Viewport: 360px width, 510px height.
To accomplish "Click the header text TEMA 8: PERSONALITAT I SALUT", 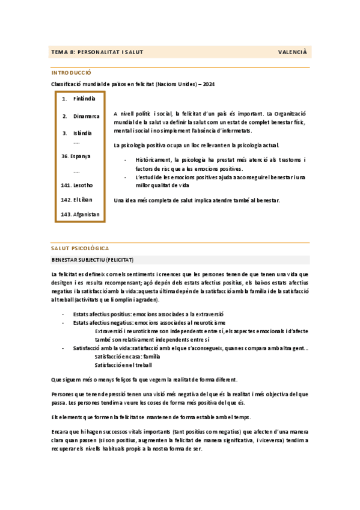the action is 97,52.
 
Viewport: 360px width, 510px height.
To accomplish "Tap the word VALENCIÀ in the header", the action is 293,52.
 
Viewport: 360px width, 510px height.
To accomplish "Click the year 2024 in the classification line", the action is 209,84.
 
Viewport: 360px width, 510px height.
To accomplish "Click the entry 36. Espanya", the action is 76,156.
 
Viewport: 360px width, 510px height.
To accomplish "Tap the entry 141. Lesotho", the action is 77,185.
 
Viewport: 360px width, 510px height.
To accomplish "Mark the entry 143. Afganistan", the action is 81,214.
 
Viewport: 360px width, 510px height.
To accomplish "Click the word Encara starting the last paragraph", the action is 61,432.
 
